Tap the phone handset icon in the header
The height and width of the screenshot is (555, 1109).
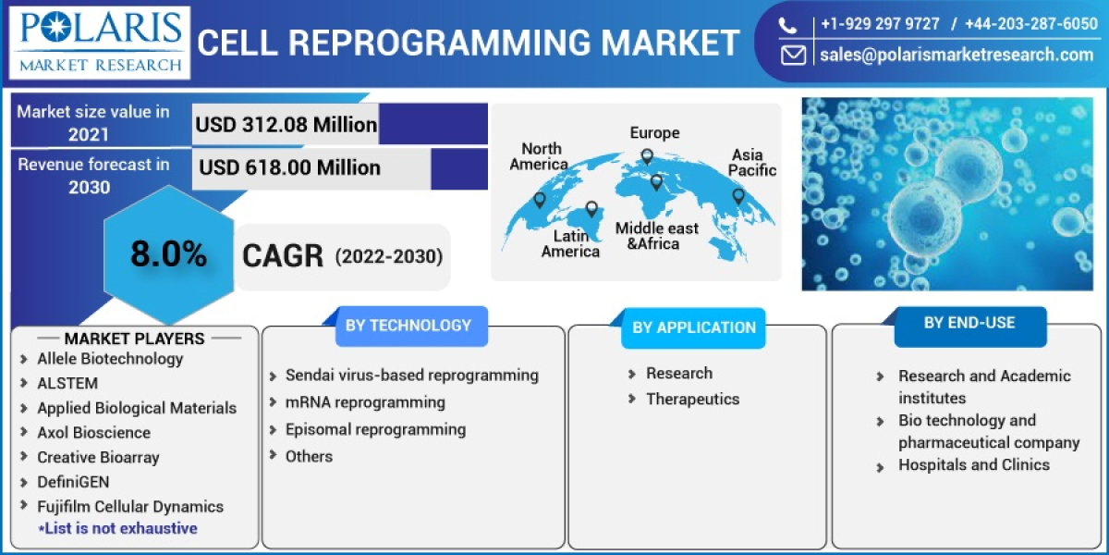coord(787,25)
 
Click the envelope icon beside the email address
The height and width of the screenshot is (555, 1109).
coord(792,55)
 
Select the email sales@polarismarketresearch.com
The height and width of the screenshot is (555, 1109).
coord(957,55)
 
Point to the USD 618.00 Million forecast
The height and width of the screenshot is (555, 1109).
coord(290,167)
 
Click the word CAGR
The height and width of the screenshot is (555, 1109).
coord(283,256)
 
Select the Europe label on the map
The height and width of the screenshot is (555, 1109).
coord(654,133)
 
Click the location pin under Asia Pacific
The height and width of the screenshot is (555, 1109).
coord(738,196)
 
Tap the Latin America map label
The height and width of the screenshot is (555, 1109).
coord(570,244)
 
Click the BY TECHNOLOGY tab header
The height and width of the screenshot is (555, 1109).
coord(408,326)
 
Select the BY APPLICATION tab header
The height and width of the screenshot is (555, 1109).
coord(694,327)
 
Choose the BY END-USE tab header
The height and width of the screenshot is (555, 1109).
coord(969,324)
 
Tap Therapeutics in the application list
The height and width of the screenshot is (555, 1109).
coord(692,400)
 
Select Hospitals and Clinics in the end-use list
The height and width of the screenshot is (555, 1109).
coord(974,465)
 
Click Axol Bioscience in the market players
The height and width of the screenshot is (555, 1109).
coord(93,432)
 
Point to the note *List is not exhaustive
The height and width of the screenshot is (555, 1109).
coord(117,528)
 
